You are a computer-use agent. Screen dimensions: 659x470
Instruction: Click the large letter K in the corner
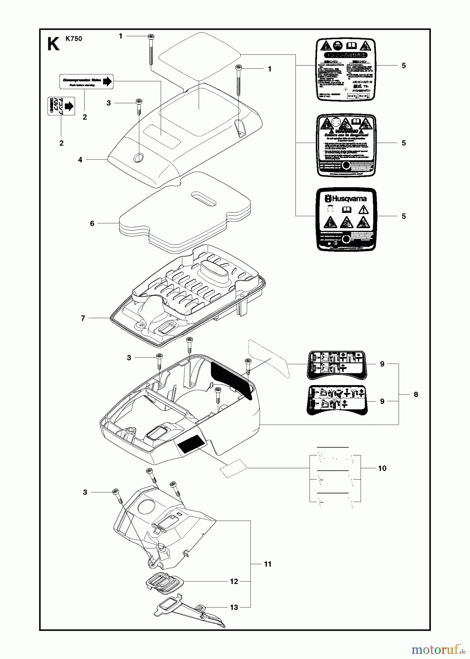pos(53,44)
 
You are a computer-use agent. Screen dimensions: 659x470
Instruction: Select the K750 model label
pos(74,39)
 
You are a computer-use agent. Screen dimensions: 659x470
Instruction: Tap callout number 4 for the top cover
pos(80,160)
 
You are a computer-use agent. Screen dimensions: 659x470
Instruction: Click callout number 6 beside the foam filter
pos(92,223)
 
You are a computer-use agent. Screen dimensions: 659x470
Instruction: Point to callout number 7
pos(83,319)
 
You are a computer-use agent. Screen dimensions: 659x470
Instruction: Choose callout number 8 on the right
pos(416,394)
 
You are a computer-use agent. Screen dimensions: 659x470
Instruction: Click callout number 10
pos(382,468)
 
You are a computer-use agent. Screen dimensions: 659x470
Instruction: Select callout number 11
pos(268,564)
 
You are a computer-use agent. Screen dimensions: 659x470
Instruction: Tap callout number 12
pos(234,581)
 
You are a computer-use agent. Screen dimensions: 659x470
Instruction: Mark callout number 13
pos(234,607)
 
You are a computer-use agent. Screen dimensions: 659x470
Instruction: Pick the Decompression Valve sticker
pos(86,82)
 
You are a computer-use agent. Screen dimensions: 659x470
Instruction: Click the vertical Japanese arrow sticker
pos(61,106)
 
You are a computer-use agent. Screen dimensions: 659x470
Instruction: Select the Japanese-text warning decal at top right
pos(346,69)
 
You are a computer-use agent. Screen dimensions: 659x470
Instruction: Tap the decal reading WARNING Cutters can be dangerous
pos(346,146)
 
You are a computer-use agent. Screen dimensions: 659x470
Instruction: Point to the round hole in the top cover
pos(139,158)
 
